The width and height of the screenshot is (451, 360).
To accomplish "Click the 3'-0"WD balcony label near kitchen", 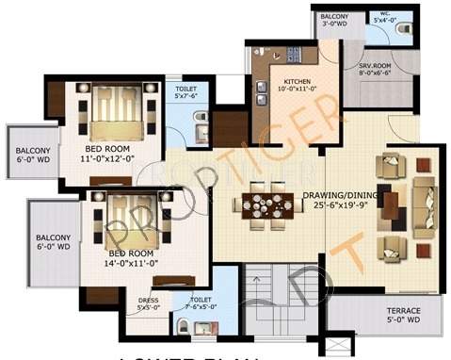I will pos(333,23).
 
